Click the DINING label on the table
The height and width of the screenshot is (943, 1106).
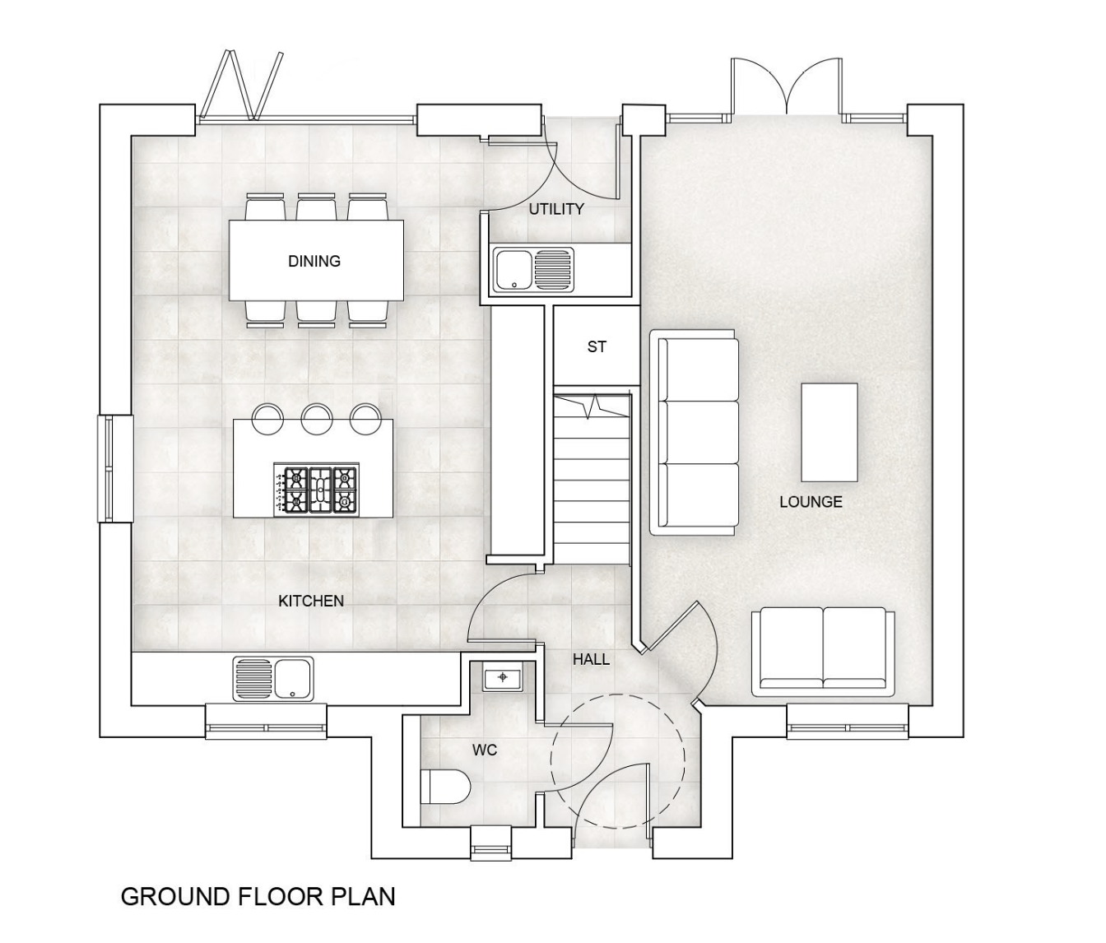click(314, 261)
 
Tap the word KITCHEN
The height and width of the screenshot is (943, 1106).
click(311, 601)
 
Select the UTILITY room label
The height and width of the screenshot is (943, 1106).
click(556, 209)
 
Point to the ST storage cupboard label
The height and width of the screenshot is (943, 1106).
click(597, 346)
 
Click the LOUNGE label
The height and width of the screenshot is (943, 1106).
click(811, 501)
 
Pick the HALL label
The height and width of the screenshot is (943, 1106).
click(591, 659)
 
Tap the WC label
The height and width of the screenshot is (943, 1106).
click(485, 750)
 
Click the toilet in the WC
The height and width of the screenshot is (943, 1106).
click(445, 787)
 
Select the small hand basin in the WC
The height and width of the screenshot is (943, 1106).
click(503, 677)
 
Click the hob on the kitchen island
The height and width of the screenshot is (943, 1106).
click(316, 490)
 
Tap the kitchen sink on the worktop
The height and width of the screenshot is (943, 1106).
click(273, 679)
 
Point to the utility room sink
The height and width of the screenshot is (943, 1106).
click(533, 270)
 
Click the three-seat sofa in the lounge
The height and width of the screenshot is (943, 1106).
click(695, 433)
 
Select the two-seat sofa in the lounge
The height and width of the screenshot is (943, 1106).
click(823, 652)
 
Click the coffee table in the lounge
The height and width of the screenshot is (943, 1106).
click(829, 433)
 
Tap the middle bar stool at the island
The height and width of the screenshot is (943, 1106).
click(318, 417)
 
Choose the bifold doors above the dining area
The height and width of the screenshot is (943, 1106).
click(244, 86)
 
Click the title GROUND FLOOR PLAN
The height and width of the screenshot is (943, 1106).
click(258, 896)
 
